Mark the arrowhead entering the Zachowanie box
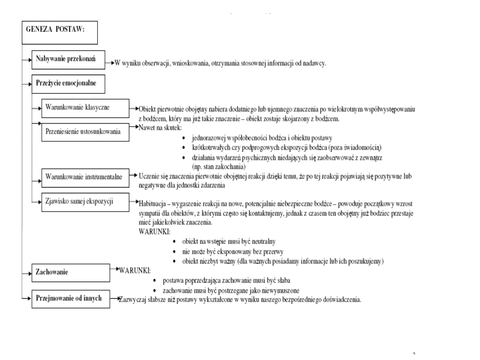coord(28,272)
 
